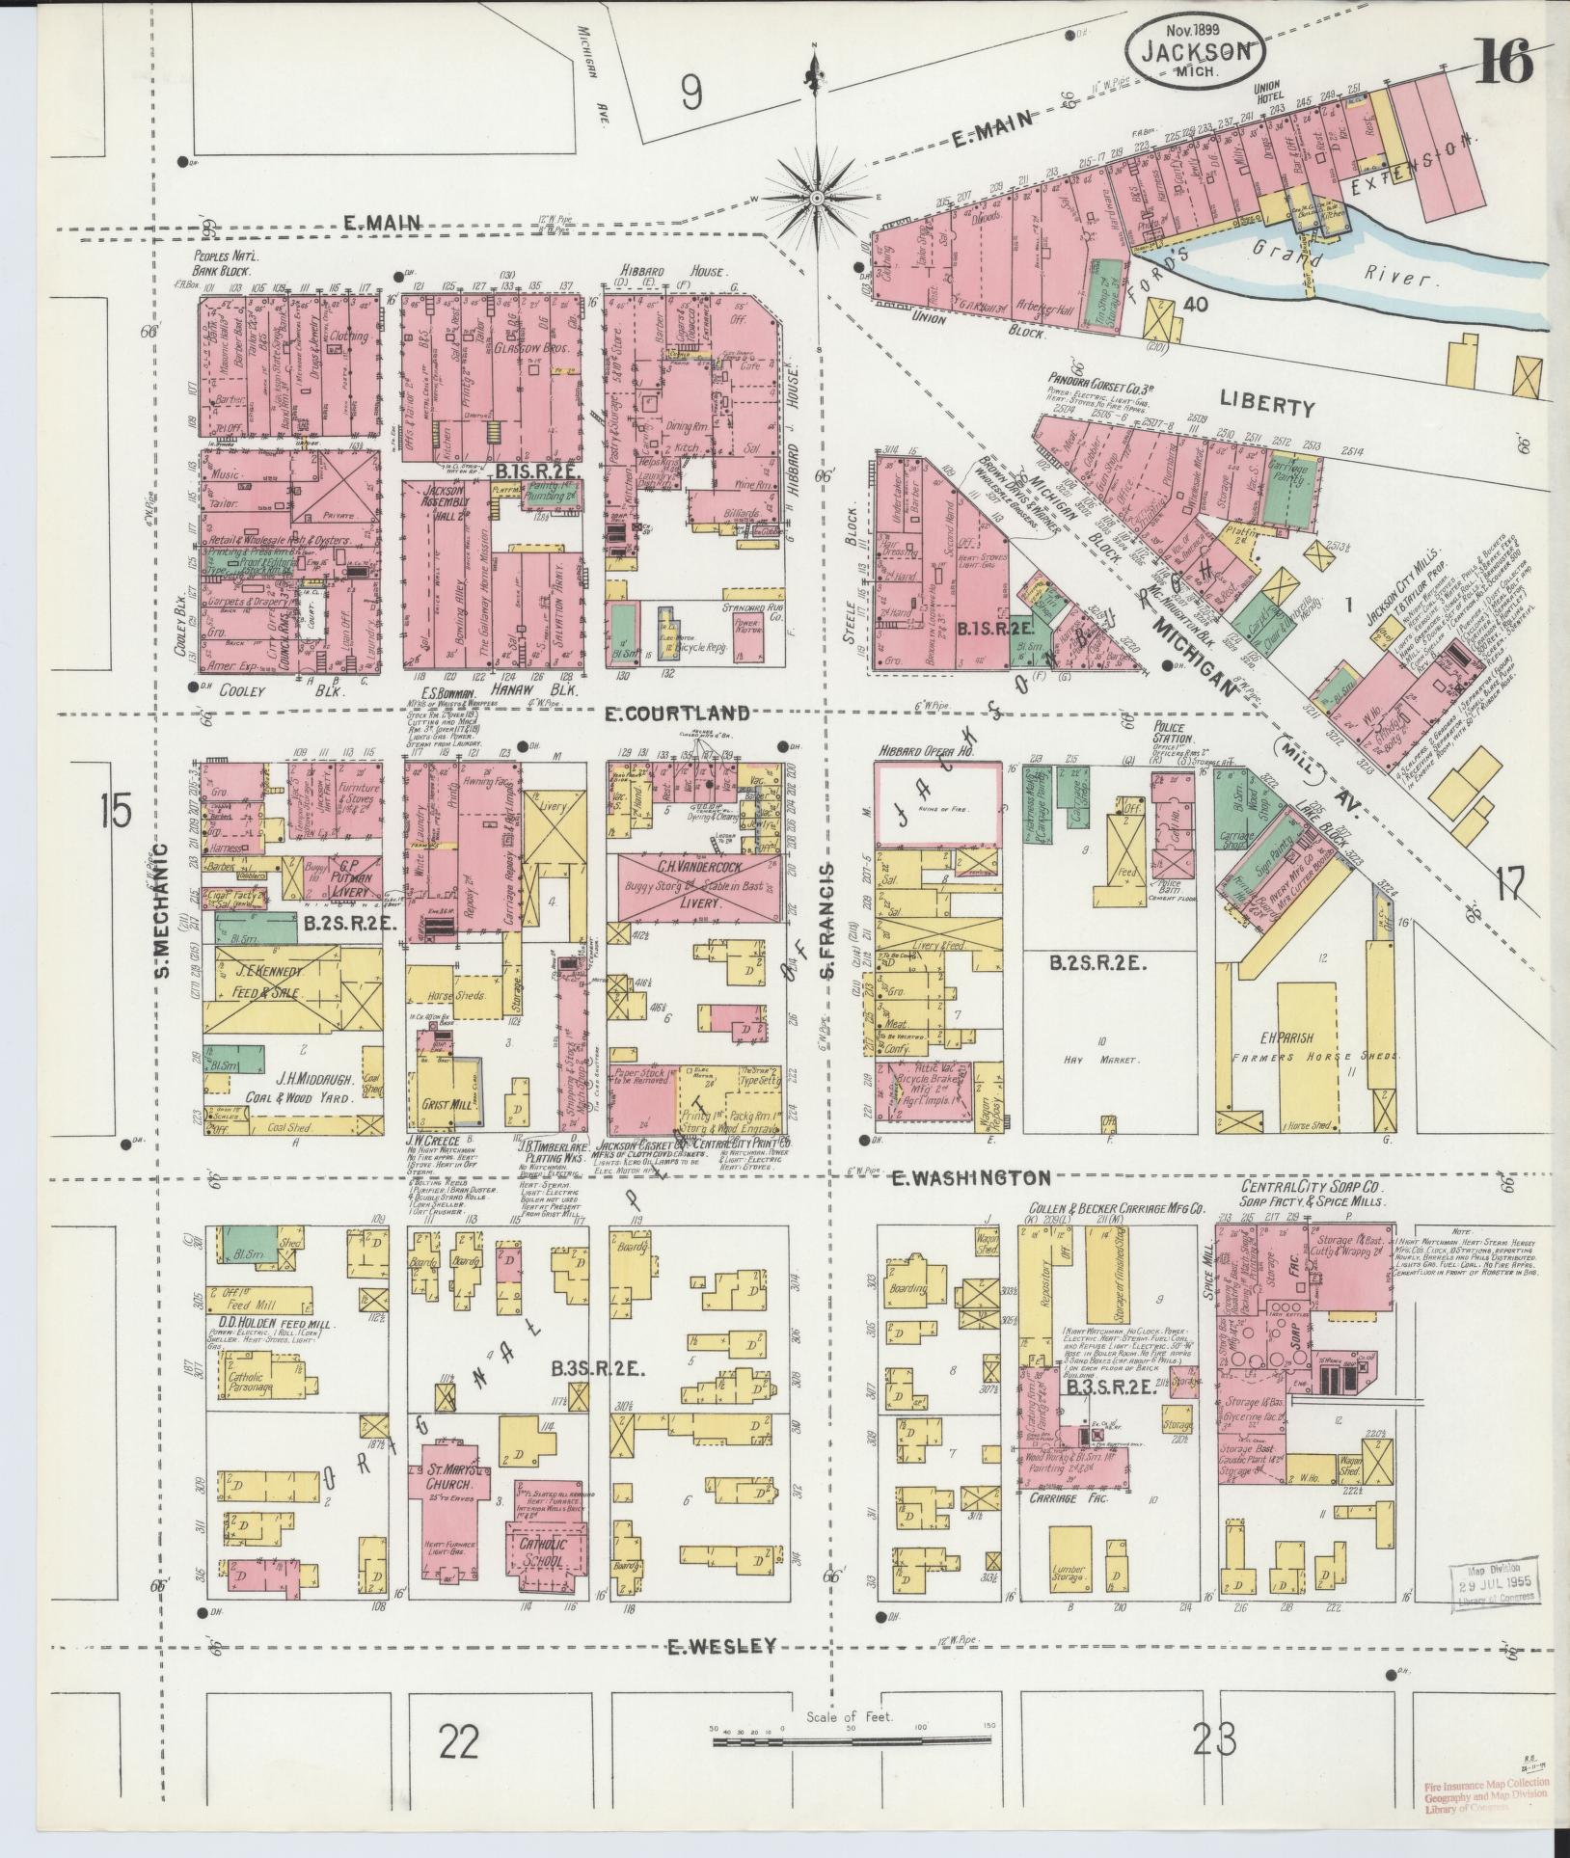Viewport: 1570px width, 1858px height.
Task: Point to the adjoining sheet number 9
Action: tap(690, 93)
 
